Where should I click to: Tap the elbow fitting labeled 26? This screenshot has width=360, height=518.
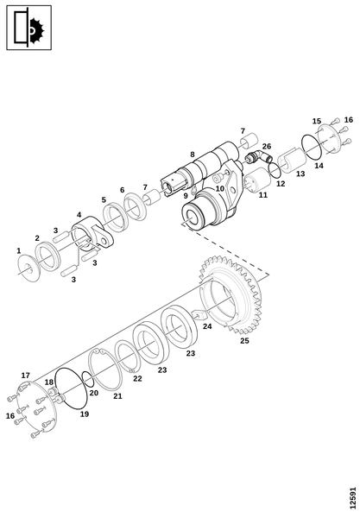259,156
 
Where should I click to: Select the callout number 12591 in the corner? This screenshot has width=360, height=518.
353,497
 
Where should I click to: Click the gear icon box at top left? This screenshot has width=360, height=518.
29,28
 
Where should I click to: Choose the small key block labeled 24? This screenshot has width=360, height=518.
199,314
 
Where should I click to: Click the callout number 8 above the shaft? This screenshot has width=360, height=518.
193,155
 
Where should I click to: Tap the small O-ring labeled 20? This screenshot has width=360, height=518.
87,379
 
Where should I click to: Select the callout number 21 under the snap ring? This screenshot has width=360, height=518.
117,396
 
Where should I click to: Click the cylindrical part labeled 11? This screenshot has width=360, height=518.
257,180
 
